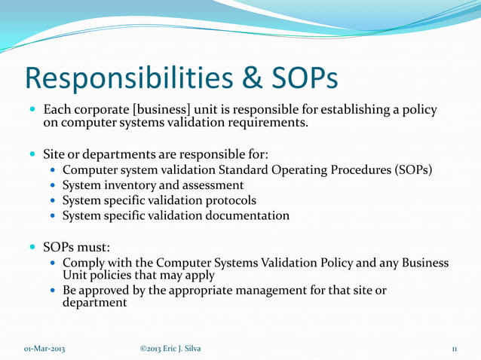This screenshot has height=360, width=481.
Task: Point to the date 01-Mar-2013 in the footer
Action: (44, 348)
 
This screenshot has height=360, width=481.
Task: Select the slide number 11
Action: (454, 348)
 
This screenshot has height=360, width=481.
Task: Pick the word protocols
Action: (227, 200)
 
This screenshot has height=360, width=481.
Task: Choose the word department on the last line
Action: (94, 303)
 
